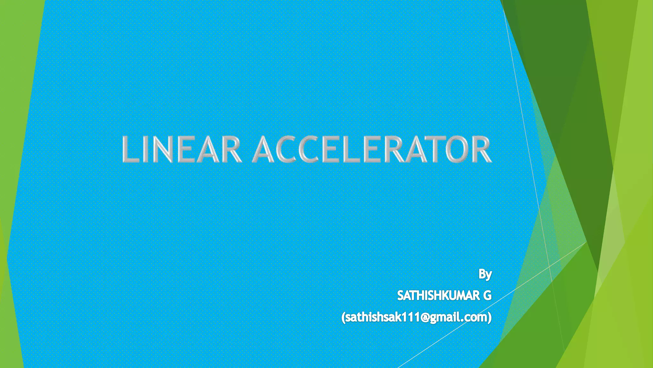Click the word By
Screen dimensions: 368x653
tap(485, 274)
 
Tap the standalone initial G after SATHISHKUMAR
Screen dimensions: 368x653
tap(487, 296)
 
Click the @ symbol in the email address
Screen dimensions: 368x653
tap(424, 318)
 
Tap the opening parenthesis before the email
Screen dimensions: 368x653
tap(343, 318)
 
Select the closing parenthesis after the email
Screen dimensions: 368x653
tap(490, 318)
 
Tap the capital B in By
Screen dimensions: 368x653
tap(482, 274)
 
